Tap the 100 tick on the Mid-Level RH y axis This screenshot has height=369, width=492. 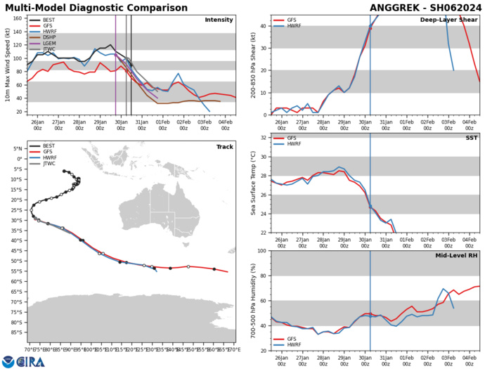click(261, 251)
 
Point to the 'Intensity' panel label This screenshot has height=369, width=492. click(219, 20)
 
